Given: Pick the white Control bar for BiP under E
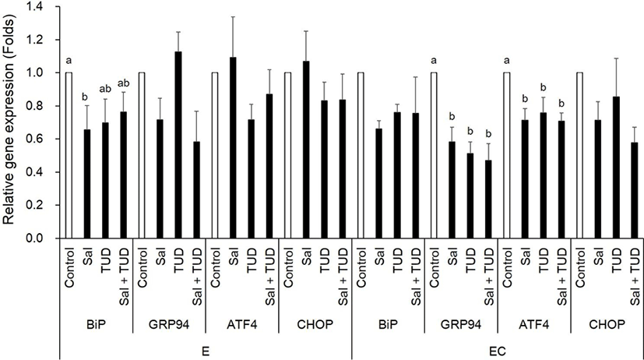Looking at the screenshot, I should tap(69, 156).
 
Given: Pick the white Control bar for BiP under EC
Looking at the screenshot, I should tap(361, 156).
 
